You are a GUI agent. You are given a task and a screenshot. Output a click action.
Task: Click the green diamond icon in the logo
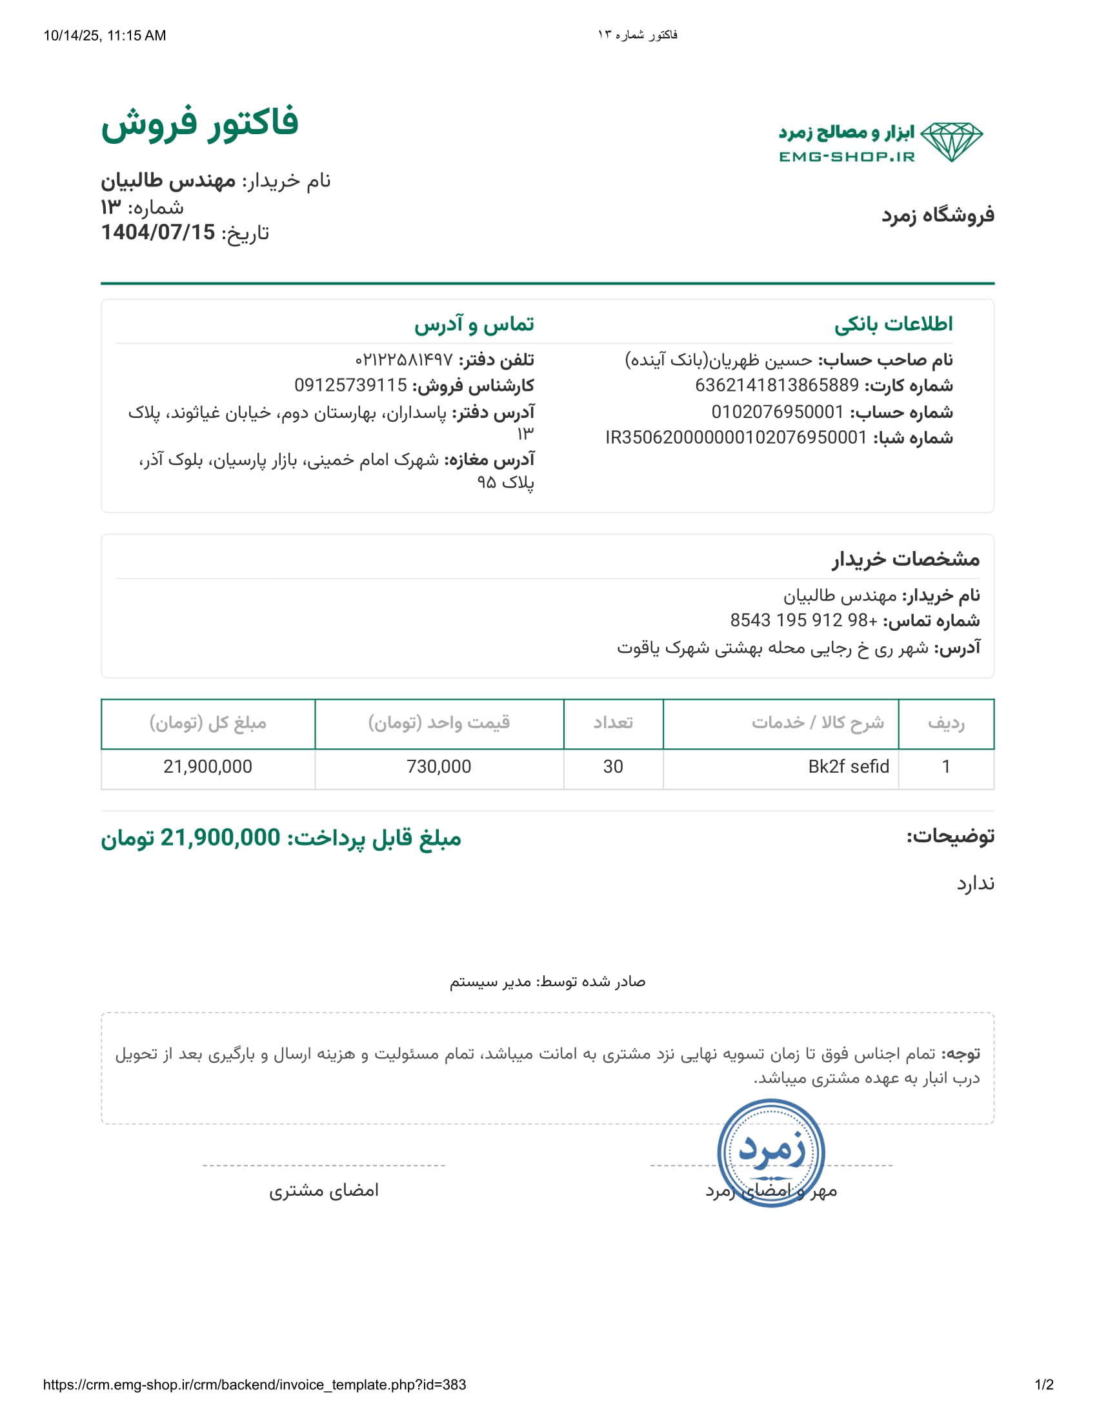[x=951, y=142]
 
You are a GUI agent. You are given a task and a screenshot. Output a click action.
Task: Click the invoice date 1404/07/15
[x=158, y=232]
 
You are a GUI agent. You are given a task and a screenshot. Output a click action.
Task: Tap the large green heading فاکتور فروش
[x=199, y=123]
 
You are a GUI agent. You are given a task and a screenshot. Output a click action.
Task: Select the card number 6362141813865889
[x=776, y=385]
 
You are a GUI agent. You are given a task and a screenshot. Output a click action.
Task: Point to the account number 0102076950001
[x=778, y=412]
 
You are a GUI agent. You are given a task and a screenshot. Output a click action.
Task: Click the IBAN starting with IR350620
[x=736, y=437]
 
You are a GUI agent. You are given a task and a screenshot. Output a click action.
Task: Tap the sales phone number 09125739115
[x=350, y=385]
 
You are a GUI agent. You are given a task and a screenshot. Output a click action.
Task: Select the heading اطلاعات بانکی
[x=893, y=324]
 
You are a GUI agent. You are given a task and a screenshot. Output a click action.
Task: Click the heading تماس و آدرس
[x=474, y=324]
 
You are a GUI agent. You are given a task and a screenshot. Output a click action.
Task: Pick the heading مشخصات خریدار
[x=905, y=559]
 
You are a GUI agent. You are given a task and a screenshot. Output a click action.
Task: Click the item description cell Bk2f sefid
[x=848, y=767]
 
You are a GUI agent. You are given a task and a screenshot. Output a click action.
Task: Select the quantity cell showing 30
[x=613, y=767]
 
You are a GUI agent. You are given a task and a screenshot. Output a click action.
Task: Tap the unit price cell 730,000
[x=439, y=767]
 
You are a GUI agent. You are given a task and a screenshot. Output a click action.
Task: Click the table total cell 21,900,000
[x=207, y=767]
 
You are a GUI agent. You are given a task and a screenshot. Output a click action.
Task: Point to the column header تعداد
[x=613, y=722]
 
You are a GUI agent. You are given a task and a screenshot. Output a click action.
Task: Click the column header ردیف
[x=945, y=722]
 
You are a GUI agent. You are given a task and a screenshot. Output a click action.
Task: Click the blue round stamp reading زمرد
[x=770, y=1153]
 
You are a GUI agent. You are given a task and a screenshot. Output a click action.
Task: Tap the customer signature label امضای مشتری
[x=324, y=1190]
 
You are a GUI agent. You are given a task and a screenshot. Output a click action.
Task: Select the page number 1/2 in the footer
[x=1043, y=1385]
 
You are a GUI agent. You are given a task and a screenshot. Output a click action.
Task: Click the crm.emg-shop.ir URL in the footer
[x=254, y=1385]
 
